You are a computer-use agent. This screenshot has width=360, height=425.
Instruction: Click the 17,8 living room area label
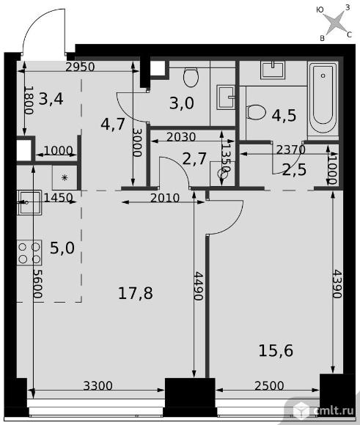pos(136,293)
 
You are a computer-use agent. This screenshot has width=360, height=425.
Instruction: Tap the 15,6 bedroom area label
pos(276,350)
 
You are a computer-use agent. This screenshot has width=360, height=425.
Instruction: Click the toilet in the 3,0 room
pos(191,77)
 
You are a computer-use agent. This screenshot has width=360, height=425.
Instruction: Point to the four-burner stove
pos(29,253)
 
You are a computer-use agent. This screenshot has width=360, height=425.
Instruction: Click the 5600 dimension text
pos(37,284)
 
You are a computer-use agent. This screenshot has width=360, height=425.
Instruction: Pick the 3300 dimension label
pos(98,385)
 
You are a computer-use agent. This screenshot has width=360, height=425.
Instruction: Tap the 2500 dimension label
pos(269,385)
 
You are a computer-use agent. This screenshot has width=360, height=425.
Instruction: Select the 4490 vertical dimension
pos(198,286)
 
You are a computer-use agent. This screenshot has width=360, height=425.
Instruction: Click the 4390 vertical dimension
pos(337,284)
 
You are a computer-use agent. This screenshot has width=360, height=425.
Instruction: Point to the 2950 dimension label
pos(80,67)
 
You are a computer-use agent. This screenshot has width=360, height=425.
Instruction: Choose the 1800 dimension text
pos(29,100)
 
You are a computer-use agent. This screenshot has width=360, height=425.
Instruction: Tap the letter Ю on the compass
pos(320,10)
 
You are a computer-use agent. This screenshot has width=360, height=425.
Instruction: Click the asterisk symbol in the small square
pos(65,178)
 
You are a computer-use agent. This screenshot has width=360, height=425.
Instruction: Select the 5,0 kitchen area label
pos(62,248)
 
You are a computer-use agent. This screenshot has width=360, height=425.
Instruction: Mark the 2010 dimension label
pos(165,198)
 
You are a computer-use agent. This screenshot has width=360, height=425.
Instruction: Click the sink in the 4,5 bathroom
pos(273,70)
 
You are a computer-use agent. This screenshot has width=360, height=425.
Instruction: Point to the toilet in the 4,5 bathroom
pos(256,112)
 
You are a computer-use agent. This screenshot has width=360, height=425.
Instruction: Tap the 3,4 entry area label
pos(51,99)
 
